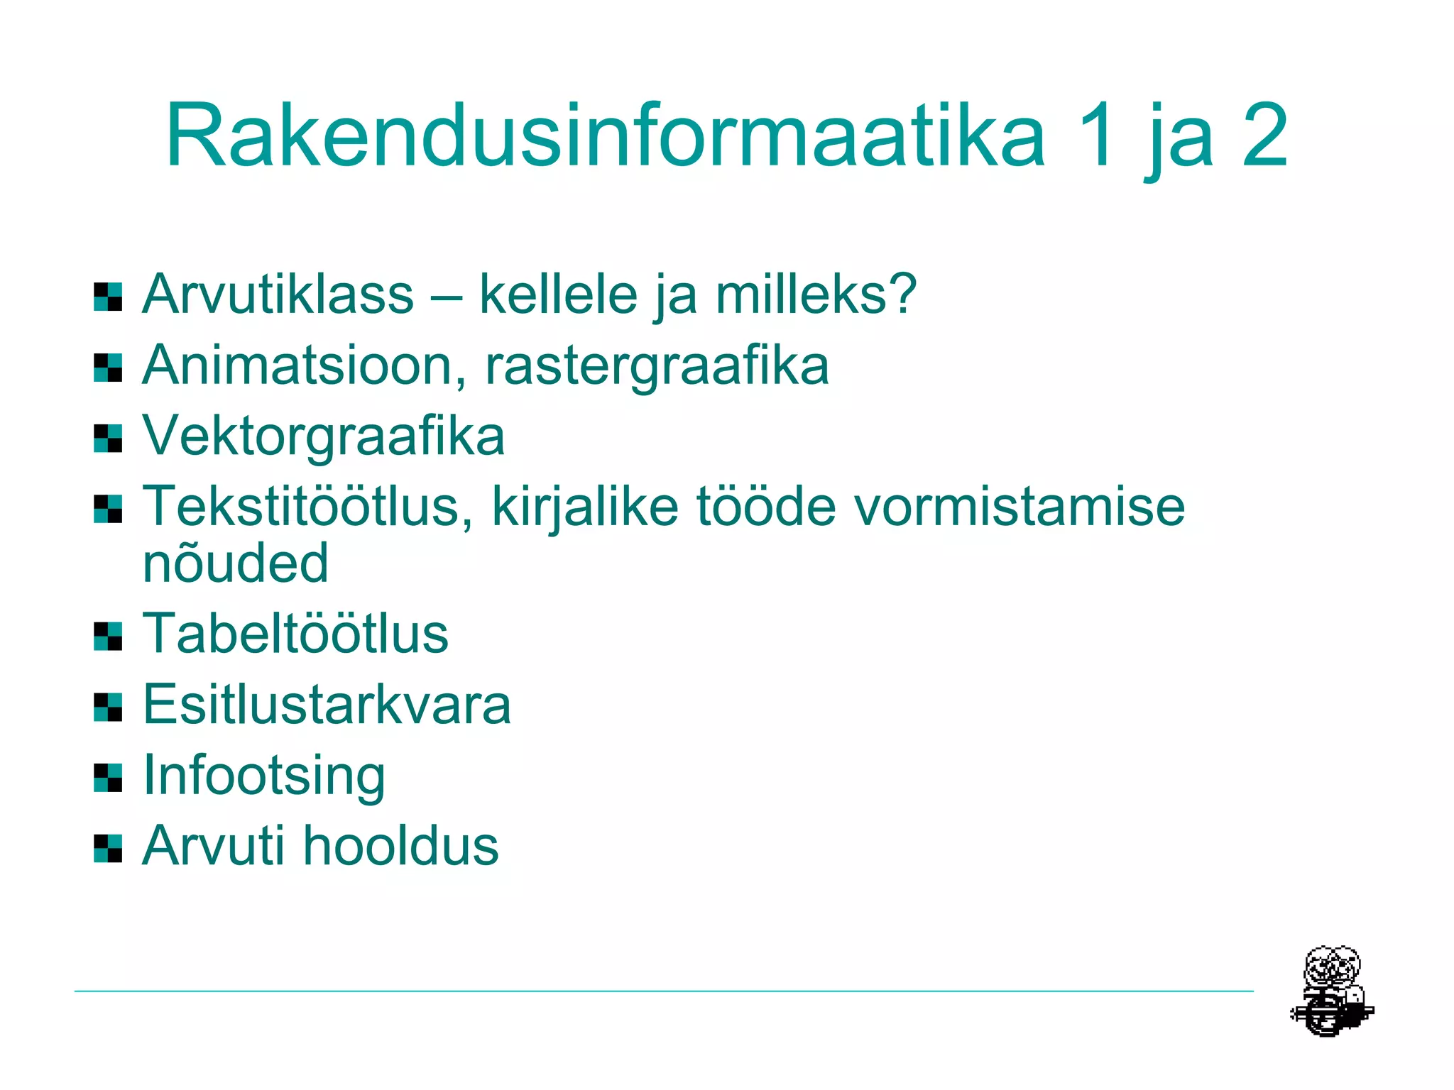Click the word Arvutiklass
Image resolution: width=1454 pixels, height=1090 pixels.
pyautogui.click(x=278, y=294)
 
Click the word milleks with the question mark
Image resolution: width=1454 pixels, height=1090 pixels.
pyautogui.click(x=816, y=294)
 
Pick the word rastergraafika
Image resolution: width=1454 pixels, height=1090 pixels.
pyautogui.click(x=657, y=366)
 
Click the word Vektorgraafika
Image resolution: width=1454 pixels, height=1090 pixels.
pyautogui.click(x=324, y=436)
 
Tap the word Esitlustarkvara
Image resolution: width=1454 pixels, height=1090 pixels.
pyautogui.click(x=327, y=704)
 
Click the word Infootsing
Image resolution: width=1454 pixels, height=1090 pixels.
pyautogui.click(x=264, y=776)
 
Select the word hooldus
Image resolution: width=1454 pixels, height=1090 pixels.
pyautogui.click(x=401, y=845)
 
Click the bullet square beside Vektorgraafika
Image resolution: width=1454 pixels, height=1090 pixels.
pyautogui.click(x=108, y=438)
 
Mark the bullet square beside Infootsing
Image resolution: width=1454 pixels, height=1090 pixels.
pyautogui.click(x=108, y=778)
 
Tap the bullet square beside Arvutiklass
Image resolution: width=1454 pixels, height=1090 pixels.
pyautogui.click(x=108, y=297)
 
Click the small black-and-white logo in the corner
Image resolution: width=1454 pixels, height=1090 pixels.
pyautogui.click(x=1331, y=991)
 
